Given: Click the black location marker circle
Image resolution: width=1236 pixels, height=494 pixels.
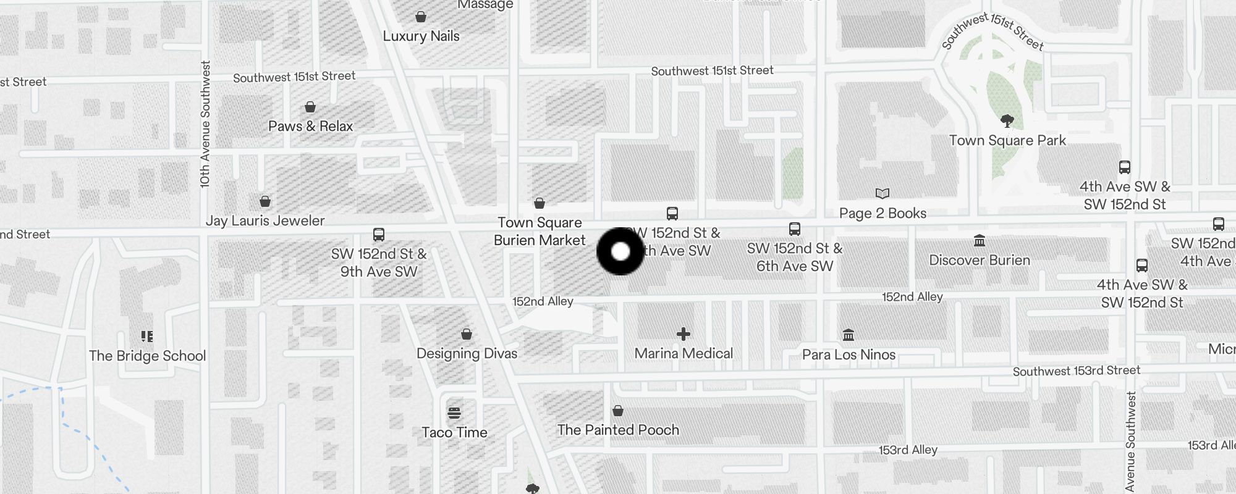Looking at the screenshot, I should coord(620,251).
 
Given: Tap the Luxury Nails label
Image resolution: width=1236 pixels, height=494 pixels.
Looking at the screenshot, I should coord(421,36).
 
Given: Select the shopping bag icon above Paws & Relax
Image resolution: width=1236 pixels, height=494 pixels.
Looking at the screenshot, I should coord(310,107).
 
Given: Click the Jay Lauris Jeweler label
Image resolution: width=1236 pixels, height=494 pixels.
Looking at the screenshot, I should coord(265,220).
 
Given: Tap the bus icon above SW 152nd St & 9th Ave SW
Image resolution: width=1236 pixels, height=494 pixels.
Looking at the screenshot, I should coord(379,235).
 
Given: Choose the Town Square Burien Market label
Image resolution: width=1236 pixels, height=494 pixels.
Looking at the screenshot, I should coord(540,231).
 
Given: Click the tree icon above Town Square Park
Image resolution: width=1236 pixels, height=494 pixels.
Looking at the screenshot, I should coord(1007,120).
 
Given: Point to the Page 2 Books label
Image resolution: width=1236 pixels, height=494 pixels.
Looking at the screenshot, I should coord(883,214).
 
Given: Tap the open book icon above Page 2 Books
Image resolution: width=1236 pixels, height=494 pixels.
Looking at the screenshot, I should coord(883,194).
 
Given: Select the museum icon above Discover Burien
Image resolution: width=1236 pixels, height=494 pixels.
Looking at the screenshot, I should coord(980,240).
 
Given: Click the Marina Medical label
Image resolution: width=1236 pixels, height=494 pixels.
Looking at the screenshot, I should coord(684,353).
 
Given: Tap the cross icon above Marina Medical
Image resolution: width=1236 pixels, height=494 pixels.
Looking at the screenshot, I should coord(684,334).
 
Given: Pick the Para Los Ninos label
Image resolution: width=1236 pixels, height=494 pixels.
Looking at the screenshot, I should coord(849,354).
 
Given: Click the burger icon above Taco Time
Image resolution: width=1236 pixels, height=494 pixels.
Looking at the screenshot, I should coord(454,412).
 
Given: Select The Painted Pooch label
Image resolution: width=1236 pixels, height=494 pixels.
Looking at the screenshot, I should coord(618,430).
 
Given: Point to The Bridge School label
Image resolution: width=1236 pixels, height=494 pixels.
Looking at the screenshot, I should coord(147,356).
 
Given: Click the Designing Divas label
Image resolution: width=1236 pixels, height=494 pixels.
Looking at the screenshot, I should coord(467,353).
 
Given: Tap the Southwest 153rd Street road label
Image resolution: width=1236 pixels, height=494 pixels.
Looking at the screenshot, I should coord(1077,371).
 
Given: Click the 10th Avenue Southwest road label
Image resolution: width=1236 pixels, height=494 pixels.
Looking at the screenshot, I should coord(205,124).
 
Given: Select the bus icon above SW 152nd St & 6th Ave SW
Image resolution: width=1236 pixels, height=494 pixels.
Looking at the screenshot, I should coord(795,229).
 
